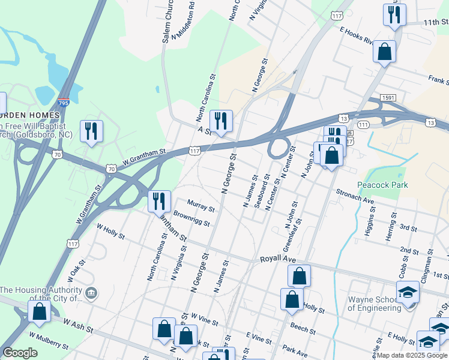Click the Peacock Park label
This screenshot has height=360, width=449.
382,185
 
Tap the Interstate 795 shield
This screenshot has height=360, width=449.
63,103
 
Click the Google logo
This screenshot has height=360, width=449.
20,353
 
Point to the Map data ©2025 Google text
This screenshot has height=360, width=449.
412,355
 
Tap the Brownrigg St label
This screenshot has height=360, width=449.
191,218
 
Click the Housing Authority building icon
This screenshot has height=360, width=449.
91,293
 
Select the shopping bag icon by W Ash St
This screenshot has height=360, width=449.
39,311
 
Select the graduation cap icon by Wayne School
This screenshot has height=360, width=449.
408,292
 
